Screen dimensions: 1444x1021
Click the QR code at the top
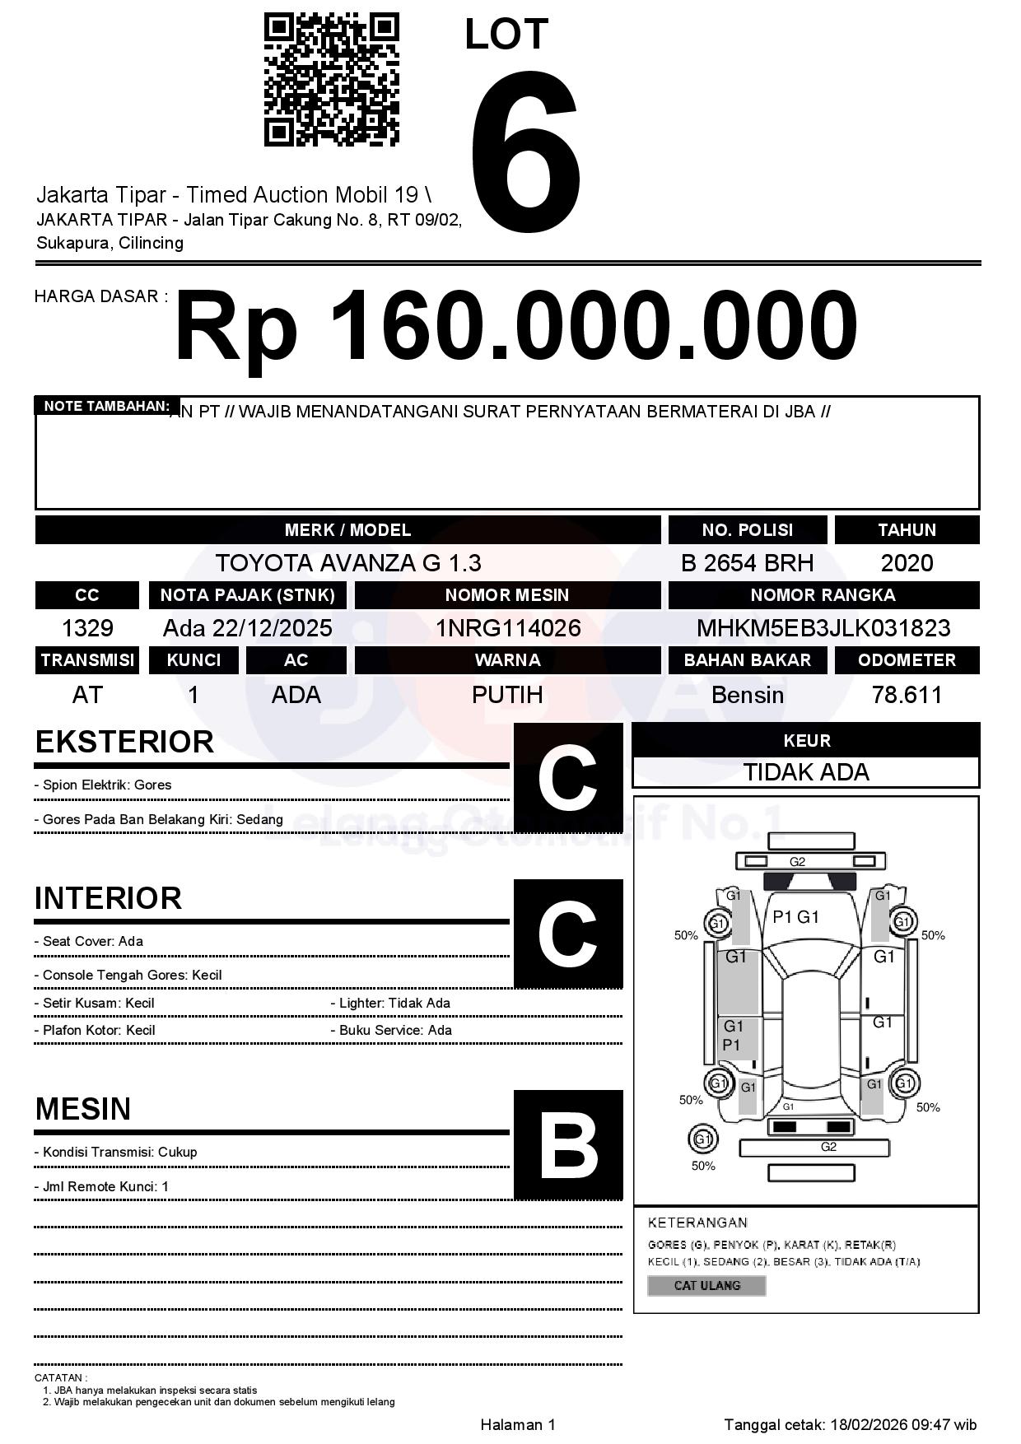point(331,80)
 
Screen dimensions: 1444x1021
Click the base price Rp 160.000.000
point(515,327)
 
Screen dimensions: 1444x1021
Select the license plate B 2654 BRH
point(747,563)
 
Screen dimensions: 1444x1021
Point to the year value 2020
point(907,563)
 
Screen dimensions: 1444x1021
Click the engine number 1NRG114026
point(507,628)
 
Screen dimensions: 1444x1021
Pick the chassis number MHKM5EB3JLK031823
point(823,628)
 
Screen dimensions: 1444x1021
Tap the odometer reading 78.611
point(907,695)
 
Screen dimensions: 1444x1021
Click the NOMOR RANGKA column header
point(823,595)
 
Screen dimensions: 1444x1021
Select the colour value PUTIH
point(507,695)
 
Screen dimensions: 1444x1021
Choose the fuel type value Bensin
point(747,695)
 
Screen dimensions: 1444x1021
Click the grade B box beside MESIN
point(568,1145)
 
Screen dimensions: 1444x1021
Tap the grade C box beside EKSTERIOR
point(568,778)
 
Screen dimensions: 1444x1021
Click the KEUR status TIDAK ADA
point(806,772)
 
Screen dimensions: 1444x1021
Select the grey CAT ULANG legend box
point(706,1285)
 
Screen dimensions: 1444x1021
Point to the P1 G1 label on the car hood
point(795,917)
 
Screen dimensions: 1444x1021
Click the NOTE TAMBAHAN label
point(106,406)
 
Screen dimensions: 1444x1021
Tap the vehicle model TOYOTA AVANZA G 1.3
point(347,563)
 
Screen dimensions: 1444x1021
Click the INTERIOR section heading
point(108,897)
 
